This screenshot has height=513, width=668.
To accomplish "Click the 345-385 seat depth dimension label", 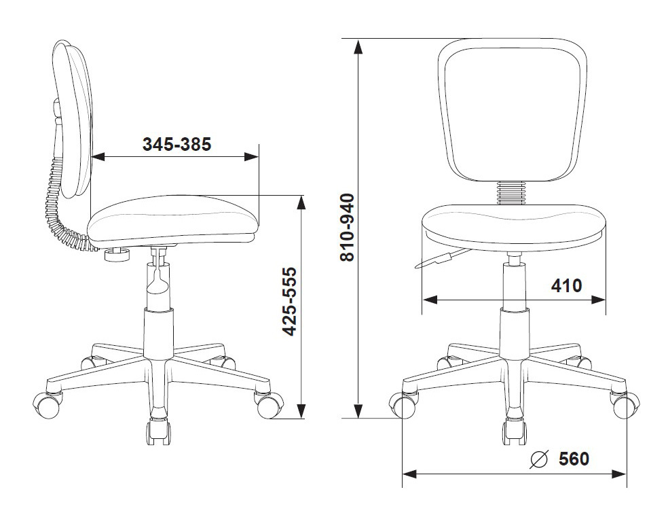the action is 177,145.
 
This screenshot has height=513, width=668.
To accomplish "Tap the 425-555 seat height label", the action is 290,302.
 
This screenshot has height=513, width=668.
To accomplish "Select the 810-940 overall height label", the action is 347,227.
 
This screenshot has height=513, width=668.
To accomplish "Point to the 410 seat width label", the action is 566,285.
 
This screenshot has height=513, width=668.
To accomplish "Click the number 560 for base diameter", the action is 574,459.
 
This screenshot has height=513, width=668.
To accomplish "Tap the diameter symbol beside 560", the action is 538,459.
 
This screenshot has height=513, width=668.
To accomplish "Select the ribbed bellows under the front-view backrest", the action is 511,193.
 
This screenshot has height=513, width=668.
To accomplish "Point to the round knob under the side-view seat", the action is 117,255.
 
